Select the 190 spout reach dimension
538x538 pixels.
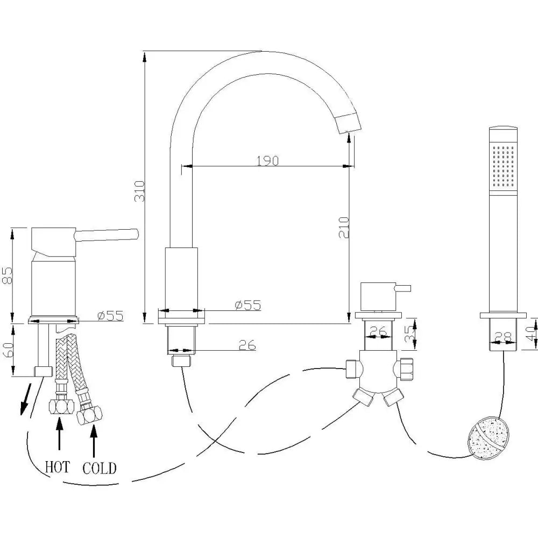click(267, 160)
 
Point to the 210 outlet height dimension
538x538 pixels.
click(344, 227)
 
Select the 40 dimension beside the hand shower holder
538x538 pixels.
click(531, 333)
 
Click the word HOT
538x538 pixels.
click(57, 466)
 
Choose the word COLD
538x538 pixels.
click(99, 467)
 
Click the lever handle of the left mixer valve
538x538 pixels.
click(108, 235)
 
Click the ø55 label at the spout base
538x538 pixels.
click(247, 305)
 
